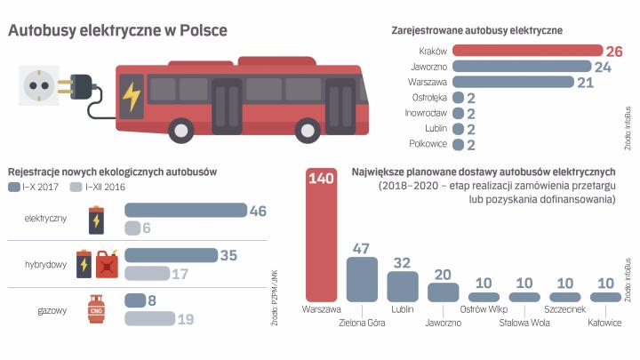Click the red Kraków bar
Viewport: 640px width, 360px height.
pyautogui.click(x=526, y=51)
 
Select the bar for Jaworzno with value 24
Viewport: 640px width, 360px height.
pyautogui.click(x=521, y=66)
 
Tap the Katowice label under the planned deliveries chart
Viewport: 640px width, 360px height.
pyautogui.click(x=604, y=323)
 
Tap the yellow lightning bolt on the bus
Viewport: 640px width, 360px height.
pyautogui.click(x=131, y=96)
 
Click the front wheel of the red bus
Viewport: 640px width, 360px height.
pyautogui.click(x=182, y=132)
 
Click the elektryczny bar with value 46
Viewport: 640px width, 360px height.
pyautogui.click(x=185, y=211)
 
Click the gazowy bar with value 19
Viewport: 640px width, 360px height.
pyautogui.click(x=149, y=318)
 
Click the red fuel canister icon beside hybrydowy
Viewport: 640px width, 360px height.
pyautogui.click(x=107, y=264)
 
